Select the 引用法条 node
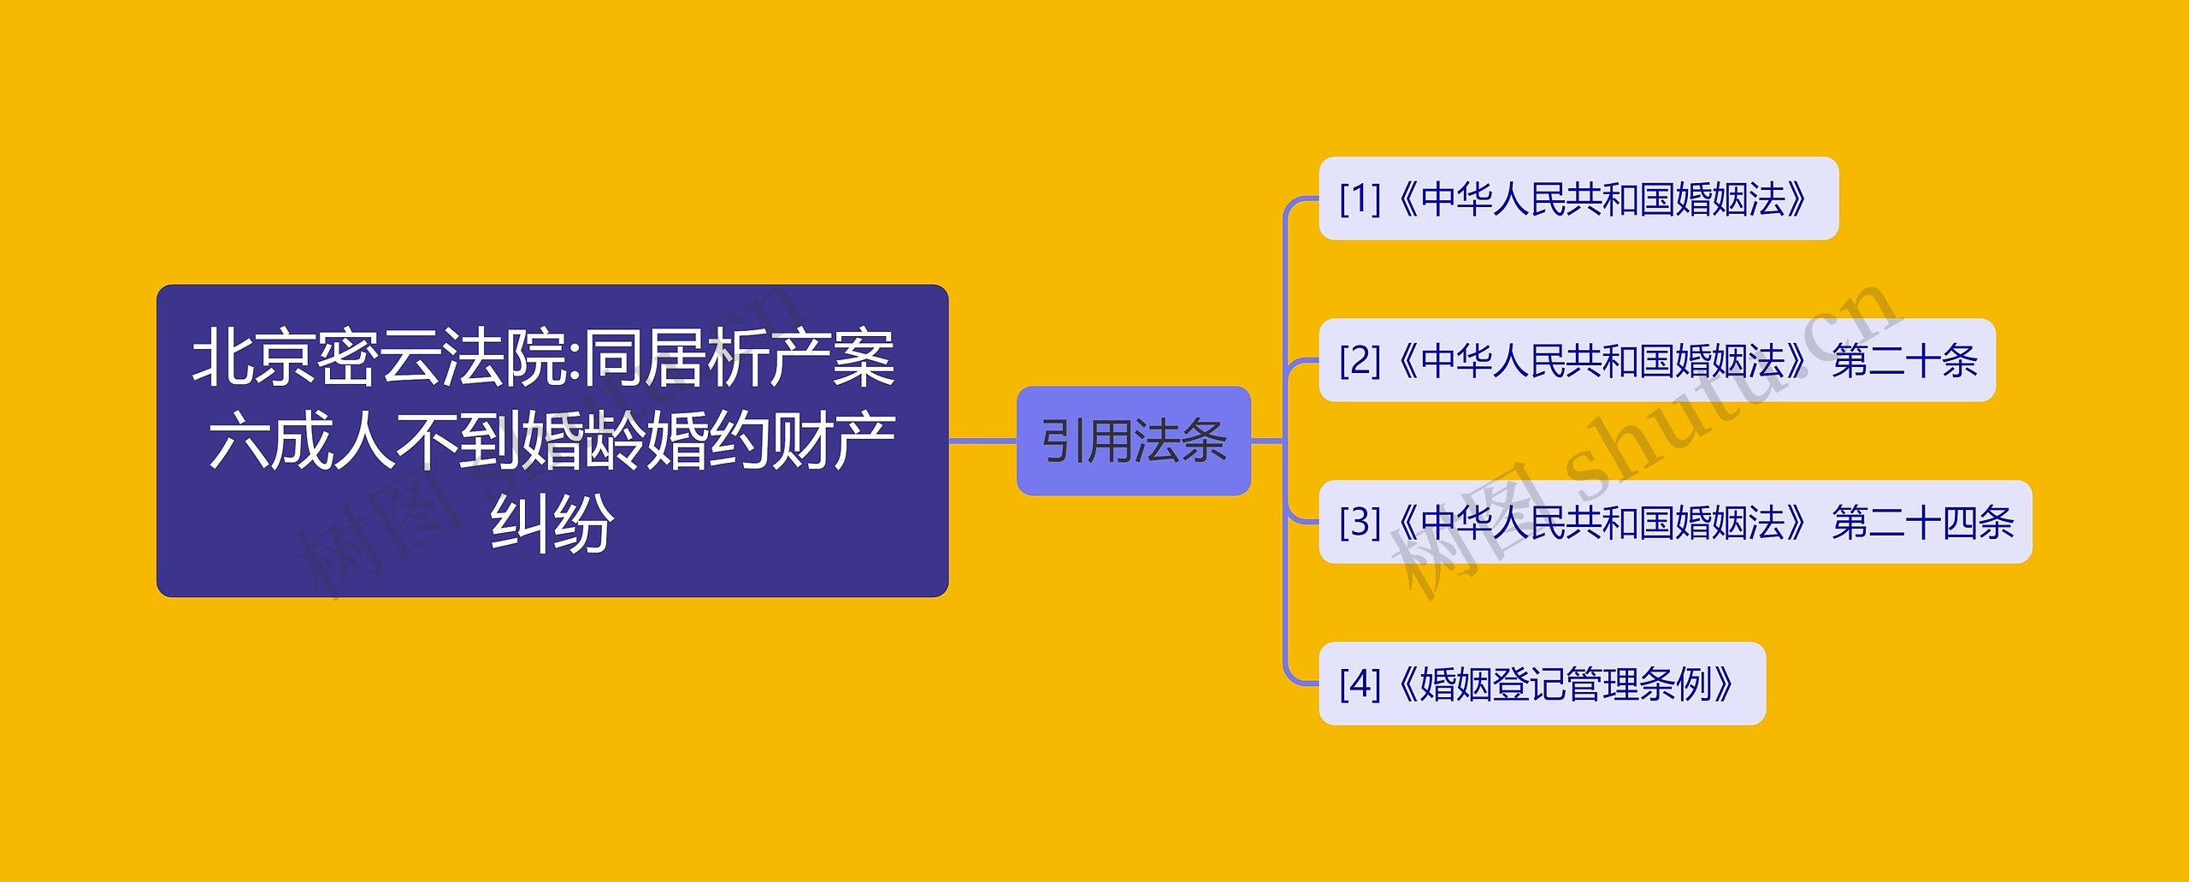click(1133, 441)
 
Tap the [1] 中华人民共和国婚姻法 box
click(1578, 198)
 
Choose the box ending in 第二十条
click(1656, 360)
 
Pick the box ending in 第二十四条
click(1674, 522)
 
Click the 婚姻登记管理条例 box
click(1542, 684)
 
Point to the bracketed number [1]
click(1360, 198)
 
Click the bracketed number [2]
click(1360, 360)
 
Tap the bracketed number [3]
click(1360, 522)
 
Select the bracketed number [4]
click(1360, 684)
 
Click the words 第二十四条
click(1922, 522)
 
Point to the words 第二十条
click(1904, 360)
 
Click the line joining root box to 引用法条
click(982, 441)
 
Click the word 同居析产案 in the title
click(740, 358)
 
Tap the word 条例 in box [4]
click(1676, 684)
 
